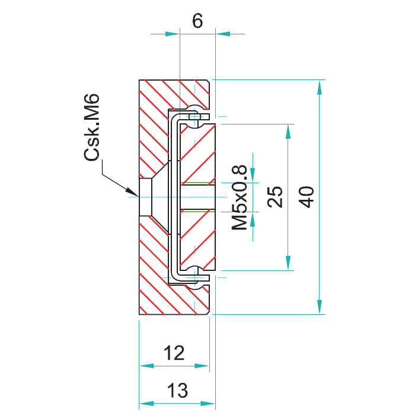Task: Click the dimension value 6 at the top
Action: point(197,21)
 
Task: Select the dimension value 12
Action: point(174,353)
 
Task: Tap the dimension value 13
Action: point(177,390)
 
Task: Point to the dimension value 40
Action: point(307,197)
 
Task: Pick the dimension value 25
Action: point(275,197)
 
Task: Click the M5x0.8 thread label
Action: point(240,197)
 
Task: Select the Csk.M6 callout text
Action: point(91,127)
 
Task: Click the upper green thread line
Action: point(197,183)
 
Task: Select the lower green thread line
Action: point(197,211)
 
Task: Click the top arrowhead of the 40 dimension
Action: point(320,87)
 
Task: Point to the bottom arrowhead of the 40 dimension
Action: point(320,307)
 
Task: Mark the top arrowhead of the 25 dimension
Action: point(288,132)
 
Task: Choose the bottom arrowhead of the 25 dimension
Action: point(288,263)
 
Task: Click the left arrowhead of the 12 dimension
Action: point(146,366)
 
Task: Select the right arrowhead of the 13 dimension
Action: point(208,404)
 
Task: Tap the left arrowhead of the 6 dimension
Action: point(173,34)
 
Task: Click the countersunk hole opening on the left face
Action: point(145,197)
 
